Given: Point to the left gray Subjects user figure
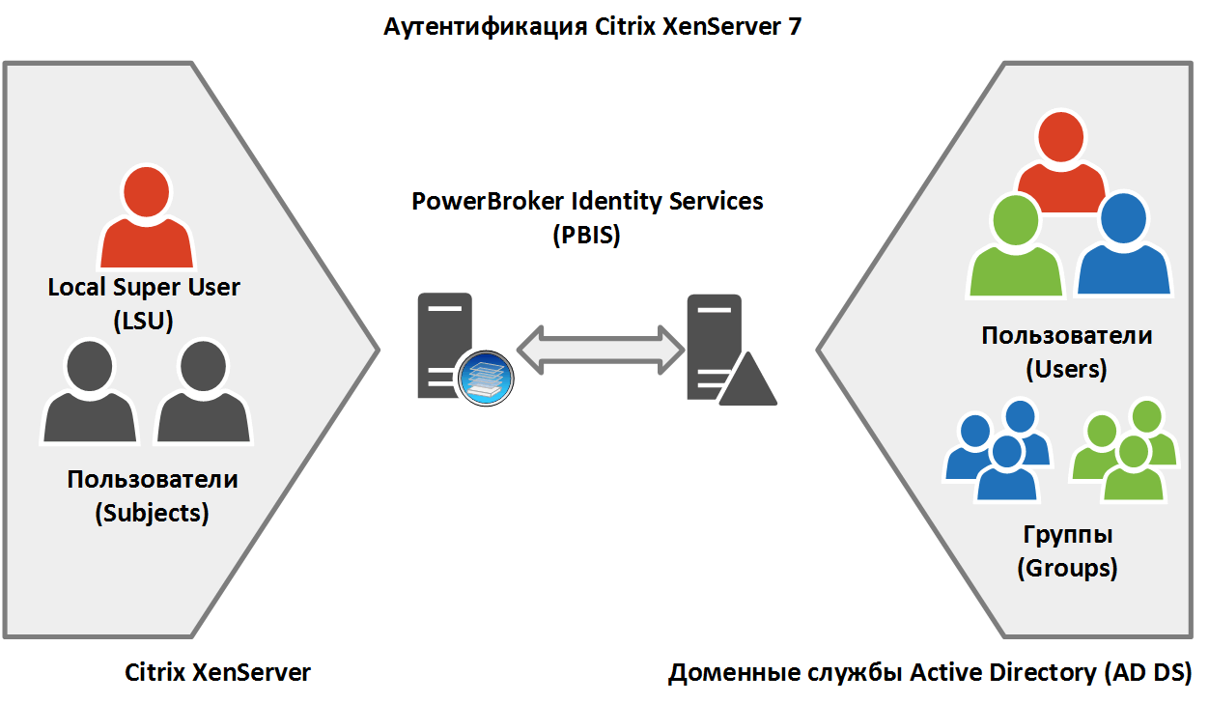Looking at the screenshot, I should [x=90, y=396].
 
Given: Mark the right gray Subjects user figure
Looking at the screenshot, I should [x=203, y=396].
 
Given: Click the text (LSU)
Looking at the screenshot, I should [x=143, y=320].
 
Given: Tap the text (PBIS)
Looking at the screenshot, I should [x=586, y=235].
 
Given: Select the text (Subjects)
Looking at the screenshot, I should [x=152, y=513].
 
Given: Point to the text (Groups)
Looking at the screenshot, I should [x=1067, y=568].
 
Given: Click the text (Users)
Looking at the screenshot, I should [x=1066, y=369].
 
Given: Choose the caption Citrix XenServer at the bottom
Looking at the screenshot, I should [x=218, y=672].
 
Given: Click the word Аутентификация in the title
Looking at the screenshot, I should [x=483, y=27].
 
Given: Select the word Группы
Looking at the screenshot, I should [x=1067, y=535].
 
